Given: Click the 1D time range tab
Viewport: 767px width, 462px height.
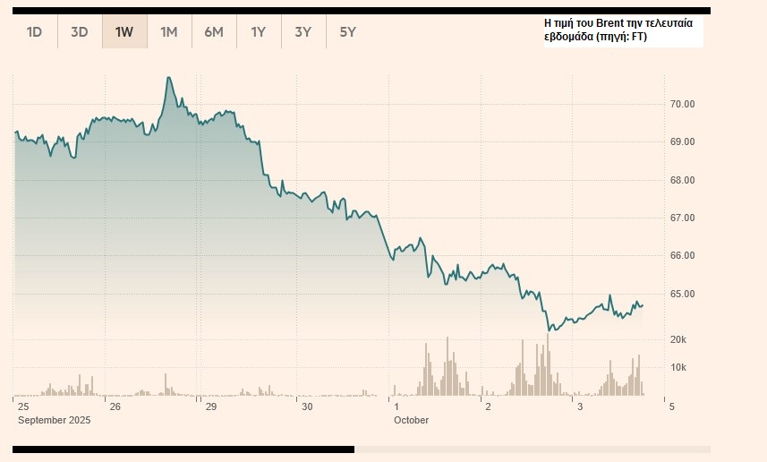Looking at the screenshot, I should pyautogui.click(x=35, y=32).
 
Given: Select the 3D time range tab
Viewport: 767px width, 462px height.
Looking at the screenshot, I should pyautogui.click(x=80, y=32).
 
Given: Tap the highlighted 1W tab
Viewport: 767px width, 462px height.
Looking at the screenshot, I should pyautogui.click(x=124, y=32).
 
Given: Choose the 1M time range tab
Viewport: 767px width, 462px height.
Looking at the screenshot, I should pyautogui.click(x=169, y=32).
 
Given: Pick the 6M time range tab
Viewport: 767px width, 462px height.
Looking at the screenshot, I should pyautogui.click(x=214, y=32).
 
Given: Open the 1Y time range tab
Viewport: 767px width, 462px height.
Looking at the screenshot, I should pyautogui.click(x=259, y=32).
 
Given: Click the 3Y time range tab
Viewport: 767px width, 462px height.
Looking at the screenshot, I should pyautogui.click(x=303, y=32).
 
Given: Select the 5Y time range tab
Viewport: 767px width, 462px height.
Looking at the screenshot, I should pyautogui.click(x=348, y=32).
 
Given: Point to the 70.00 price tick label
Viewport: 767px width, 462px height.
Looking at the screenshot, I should pyautogui.click(x=683, y=104).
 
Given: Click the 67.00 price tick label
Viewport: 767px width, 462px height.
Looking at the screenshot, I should pyautogui.click(x=683, y=218).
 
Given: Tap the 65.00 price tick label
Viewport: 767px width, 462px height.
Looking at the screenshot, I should pyautogui.click(x=683, y=294).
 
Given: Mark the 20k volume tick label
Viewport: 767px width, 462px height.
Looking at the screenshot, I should pyautogui.click(x=678, y=340).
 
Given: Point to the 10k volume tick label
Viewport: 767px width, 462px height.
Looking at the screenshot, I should pyautogui.click(x=678, y=367).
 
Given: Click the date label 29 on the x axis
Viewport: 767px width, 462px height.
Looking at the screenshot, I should pyautogui.click(x=211, y=407).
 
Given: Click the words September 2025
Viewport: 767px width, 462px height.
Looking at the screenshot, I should pyautogui.click(x=55, y=420).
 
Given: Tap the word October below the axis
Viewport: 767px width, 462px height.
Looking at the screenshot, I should pyautogui.click(x=411, y=420).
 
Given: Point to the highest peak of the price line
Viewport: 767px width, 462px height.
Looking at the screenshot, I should pyautogui.click(x=168, y=78).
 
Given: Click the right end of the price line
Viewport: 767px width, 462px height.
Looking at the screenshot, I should pyautogui.click(x=643, y=305).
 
